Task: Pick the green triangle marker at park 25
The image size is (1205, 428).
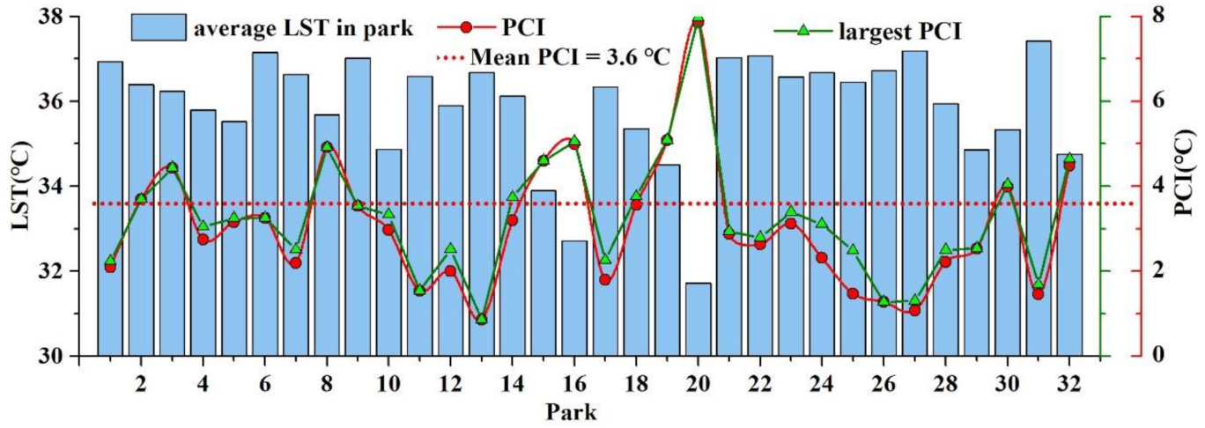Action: click(853, 249)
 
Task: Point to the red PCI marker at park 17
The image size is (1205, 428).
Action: click(605, 280)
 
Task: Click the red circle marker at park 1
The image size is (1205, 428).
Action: click(110, 267)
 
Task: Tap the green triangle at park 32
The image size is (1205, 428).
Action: click(1068, 159)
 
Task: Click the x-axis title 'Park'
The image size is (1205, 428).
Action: click(573, 411)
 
